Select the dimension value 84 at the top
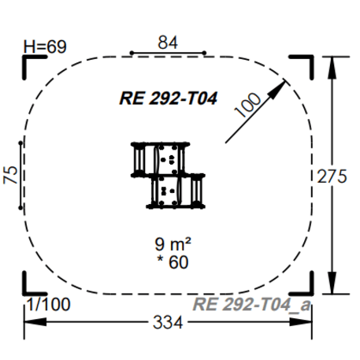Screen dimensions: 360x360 point(167,42)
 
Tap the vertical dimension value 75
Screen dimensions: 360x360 point(10,175)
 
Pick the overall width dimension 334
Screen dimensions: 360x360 point(167,324)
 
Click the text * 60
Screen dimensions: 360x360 point(168,262)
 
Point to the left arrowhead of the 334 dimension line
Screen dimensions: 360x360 point(28,323)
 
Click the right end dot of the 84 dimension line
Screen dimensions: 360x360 point(205,54)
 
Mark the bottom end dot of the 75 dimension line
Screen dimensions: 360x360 point(21,208)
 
